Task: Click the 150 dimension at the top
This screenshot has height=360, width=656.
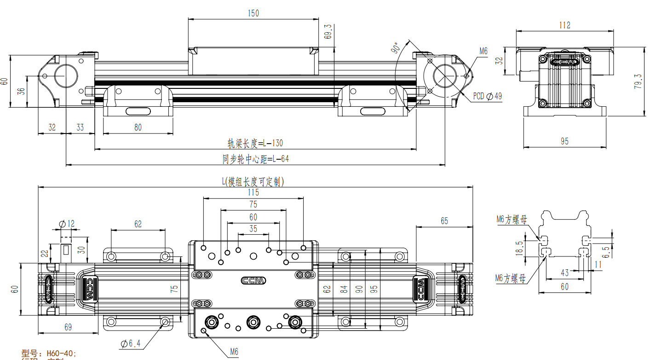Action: click(253, 13)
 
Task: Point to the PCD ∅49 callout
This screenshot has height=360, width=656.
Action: click(487, 96)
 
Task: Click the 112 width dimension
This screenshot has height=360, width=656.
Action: click(564, 25)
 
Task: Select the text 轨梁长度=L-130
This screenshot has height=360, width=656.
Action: click(255, 144)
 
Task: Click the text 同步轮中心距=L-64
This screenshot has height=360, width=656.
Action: click(255, 159)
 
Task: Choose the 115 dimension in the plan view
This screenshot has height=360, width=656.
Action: click(253, 192)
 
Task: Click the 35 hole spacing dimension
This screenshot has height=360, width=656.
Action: click(253, 228)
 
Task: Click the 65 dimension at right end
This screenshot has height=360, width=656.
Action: click(444, 221)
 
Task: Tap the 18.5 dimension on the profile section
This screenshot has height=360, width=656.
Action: click(519, 249)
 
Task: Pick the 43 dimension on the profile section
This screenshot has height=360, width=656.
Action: click(564, 273)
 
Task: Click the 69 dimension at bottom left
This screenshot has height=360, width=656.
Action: click(68, 327)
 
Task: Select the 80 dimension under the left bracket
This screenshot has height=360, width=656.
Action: click(138, 128)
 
